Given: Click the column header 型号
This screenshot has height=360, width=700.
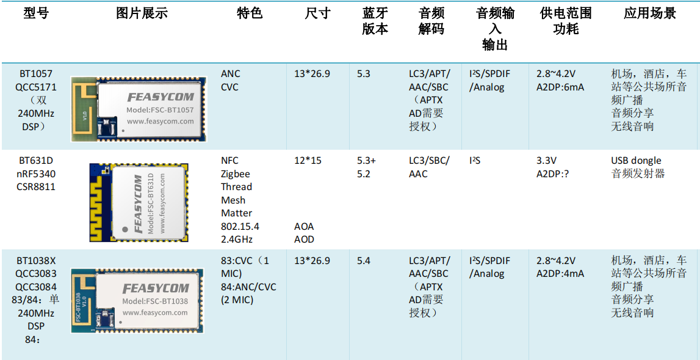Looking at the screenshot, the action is pos(36,14).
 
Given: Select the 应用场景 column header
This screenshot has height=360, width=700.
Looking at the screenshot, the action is pos(649,14).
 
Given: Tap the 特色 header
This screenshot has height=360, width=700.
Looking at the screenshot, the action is pos(250,14).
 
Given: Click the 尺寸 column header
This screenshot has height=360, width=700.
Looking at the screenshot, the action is pos(318,14).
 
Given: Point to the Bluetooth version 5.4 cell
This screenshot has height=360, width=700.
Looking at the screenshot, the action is pos(364,260).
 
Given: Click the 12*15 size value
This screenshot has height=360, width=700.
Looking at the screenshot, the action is pos(308,160).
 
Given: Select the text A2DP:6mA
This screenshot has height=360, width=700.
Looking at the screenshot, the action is pos(560,87).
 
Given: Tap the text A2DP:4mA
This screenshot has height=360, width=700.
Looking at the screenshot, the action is pos(560,274).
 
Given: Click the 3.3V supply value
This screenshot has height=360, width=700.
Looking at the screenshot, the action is pos(546,160).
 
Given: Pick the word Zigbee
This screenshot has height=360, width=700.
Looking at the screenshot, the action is pos(236,174).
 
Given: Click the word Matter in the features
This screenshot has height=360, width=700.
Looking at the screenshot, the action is pos(237,213).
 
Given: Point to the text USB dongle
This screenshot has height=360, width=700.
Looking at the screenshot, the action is pos(636,160).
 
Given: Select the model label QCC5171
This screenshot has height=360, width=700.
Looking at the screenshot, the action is pos(36,87).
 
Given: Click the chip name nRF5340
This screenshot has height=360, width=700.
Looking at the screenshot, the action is pos(36,174).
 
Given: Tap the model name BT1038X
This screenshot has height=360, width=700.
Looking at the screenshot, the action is pos(36,260).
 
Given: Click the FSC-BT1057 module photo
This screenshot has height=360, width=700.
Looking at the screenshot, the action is pos(139,109).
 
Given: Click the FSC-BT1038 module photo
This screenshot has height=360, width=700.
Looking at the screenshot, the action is pos(138,301).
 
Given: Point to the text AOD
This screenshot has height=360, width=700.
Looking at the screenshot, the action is pos(304,239).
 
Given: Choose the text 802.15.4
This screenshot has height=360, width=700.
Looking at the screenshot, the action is pos(240,226).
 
